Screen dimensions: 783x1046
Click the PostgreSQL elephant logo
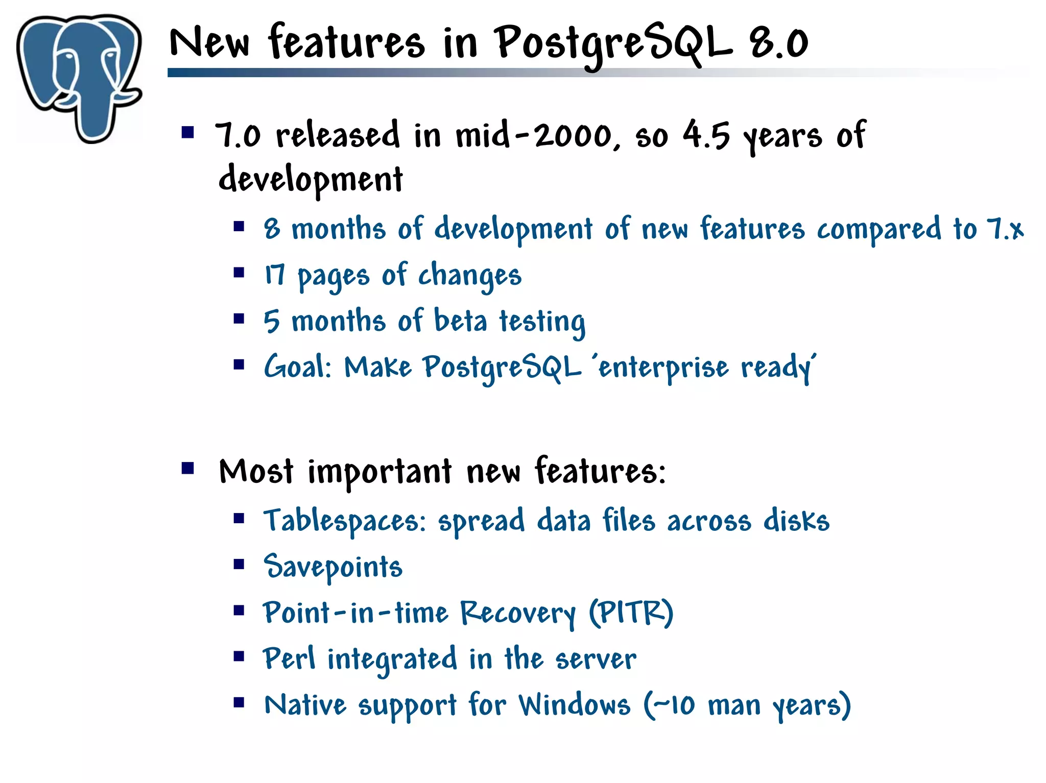coord(79,77)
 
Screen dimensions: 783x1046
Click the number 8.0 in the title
coord(779,43)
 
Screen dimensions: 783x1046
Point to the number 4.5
coord(706,136)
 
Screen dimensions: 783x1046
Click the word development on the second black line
coord(311,180)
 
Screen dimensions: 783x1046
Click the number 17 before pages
coord(274,275)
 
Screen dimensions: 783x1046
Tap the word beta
coord(460,322)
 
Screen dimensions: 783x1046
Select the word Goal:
coord(298,367)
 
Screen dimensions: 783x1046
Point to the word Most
coord(256,471)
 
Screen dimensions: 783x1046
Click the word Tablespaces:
coord(345,521)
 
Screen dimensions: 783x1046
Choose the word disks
coord(796,521)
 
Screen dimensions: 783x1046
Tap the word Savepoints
coord(333,567)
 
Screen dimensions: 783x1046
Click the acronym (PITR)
coord(631,613)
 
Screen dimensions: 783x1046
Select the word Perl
coord(289,658)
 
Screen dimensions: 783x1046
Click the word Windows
coord(575,705)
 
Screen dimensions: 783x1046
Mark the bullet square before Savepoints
coord(239,565)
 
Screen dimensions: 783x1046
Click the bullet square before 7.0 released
coord(188,133)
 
